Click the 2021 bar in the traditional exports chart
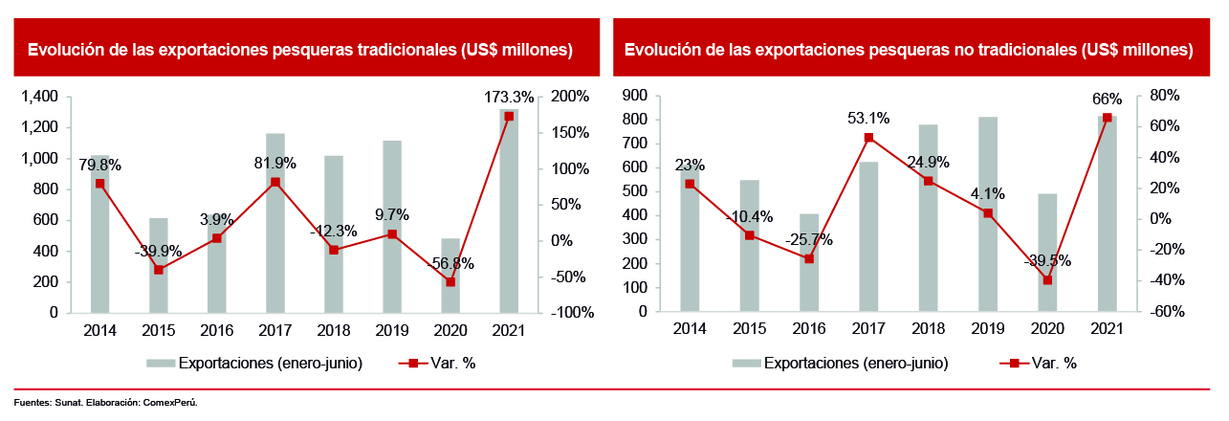pyautogui.click(x=509, y=210)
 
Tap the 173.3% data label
pyautogui.click(x=509, y=97)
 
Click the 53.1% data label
pyautogui.click(x=868, y=119)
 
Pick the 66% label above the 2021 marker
pyautogui.click(x=1106, y=99)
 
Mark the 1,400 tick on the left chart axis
pyautogui.click(x=39, y=97)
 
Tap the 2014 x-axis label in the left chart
pyautogui.click(x=99, y=330)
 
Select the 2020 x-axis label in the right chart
pyautogui.click(x=1046, y=330)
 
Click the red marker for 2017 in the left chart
pyautogui.click(x=275, y=182)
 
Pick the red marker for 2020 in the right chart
pyautogui.click(x=1047, y=280)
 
